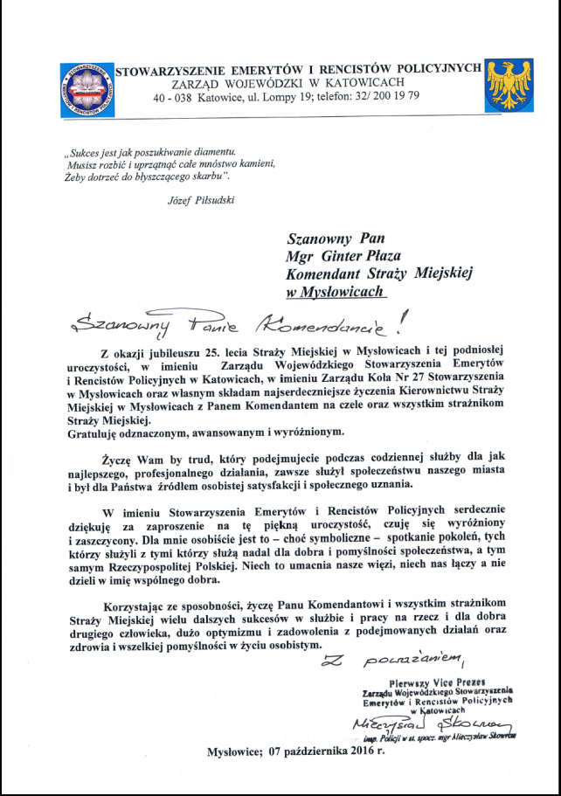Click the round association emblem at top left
(88, 91)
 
